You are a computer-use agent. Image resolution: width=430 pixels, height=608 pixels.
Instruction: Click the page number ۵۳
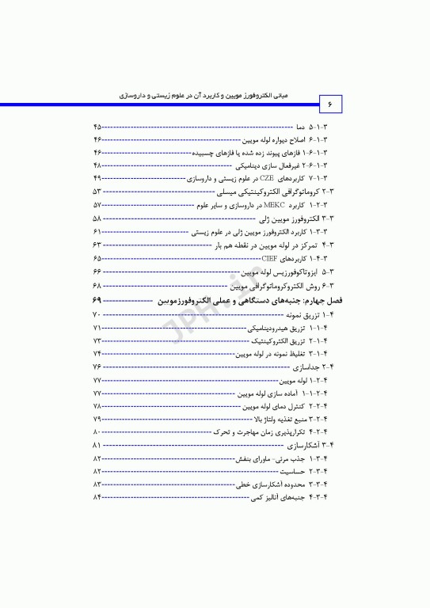coord(97,192)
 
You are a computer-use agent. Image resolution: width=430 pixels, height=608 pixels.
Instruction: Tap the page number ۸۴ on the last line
coord(97,496)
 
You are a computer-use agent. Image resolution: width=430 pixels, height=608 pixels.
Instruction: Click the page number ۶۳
coord(97,245)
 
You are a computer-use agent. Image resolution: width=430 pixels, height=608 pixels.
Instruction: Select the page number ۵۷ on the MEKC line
coord(97,204)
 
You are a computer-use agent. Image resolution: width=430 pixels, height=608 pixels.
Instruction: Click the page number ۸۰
coord(97,432)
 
